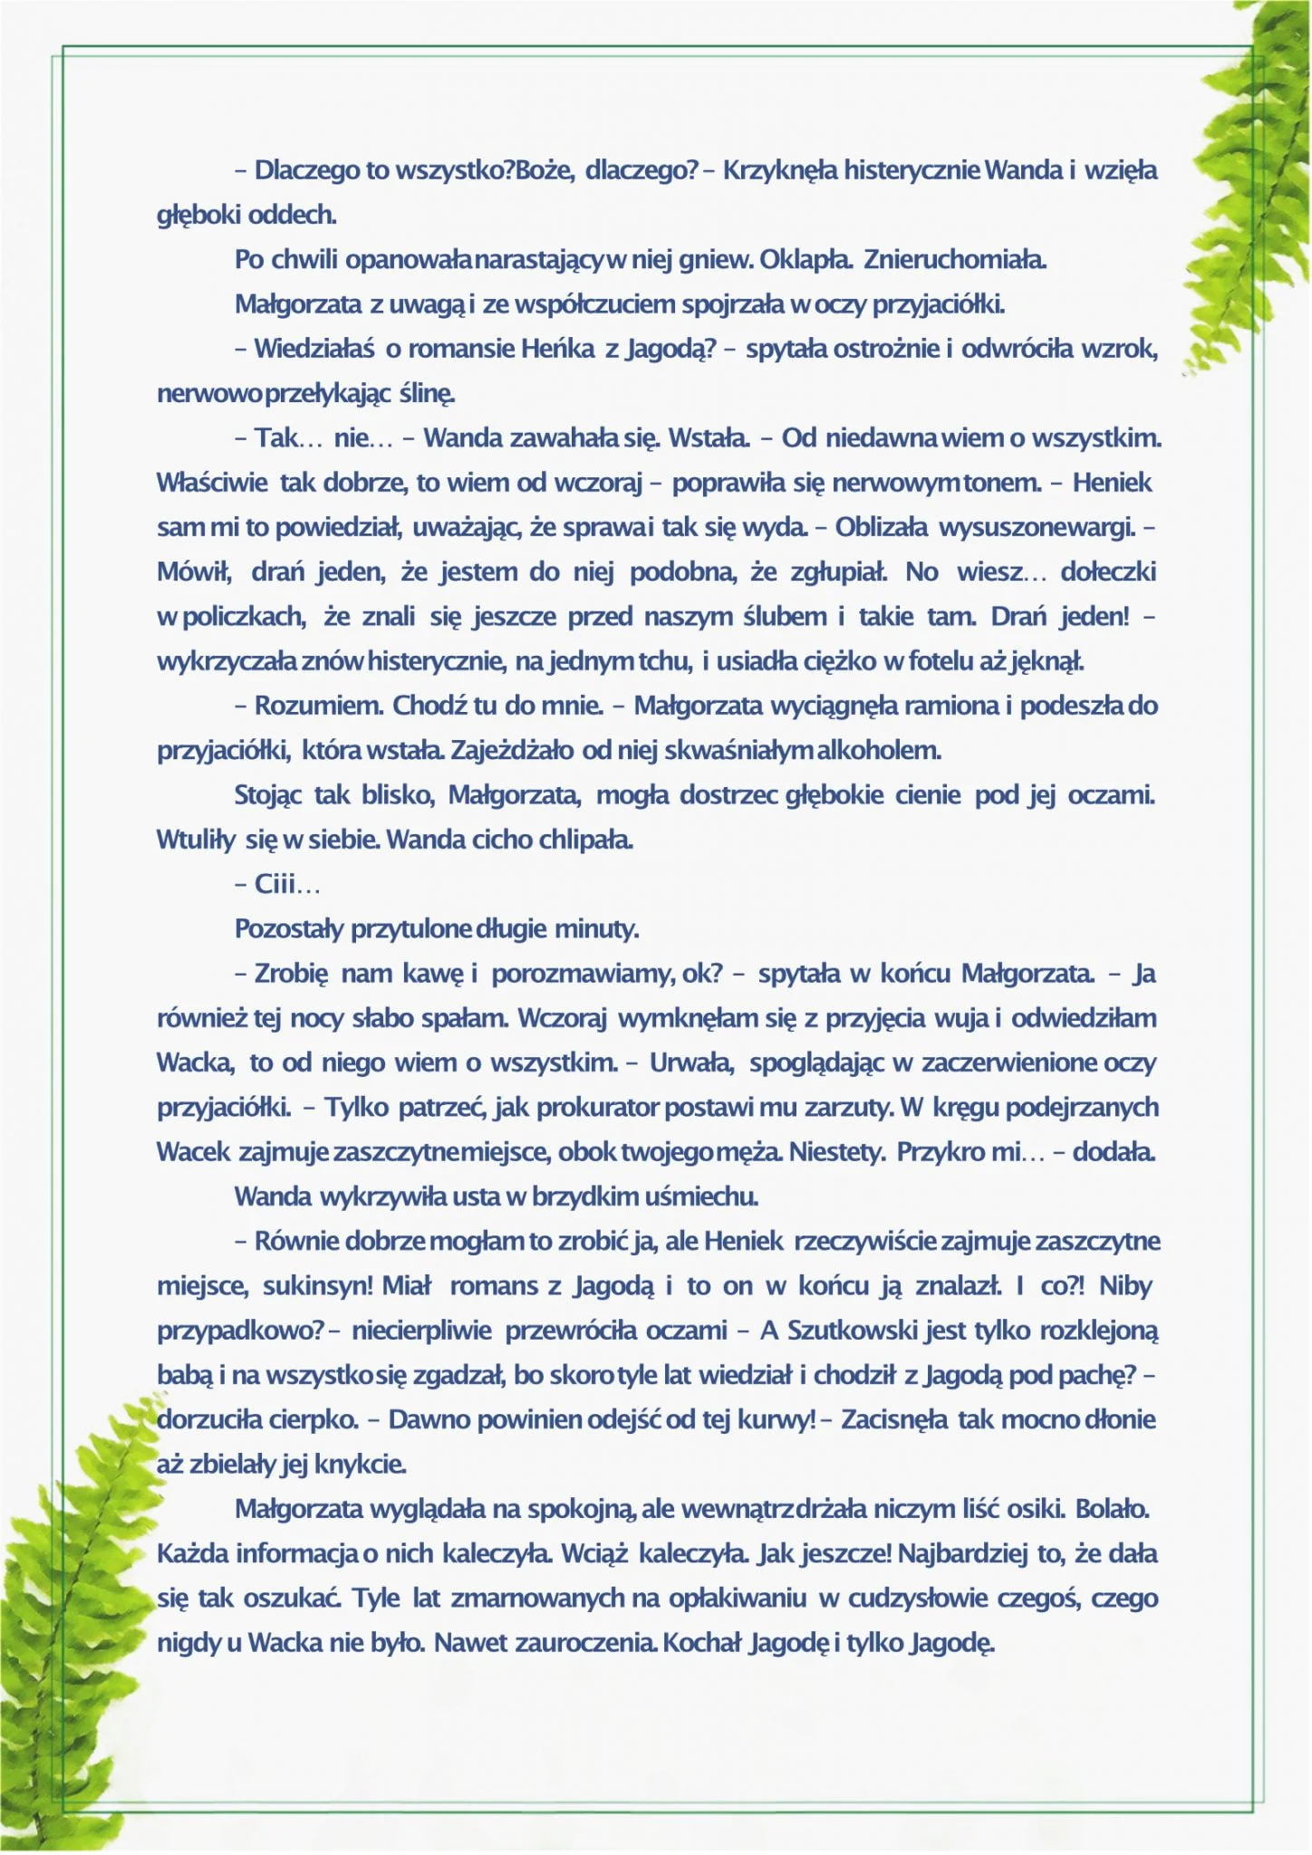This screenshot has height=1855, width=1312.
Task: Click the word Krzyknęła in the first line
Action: click(x=780, y=170)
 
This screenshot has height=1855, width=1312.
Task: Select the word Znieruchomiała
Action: click(x=955, y=260)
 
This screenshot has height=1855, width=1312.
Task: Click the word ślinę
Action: click(x=426, y=394)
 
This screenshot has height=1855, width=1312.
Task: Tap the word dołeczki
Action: click(x=1108, y=572)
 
